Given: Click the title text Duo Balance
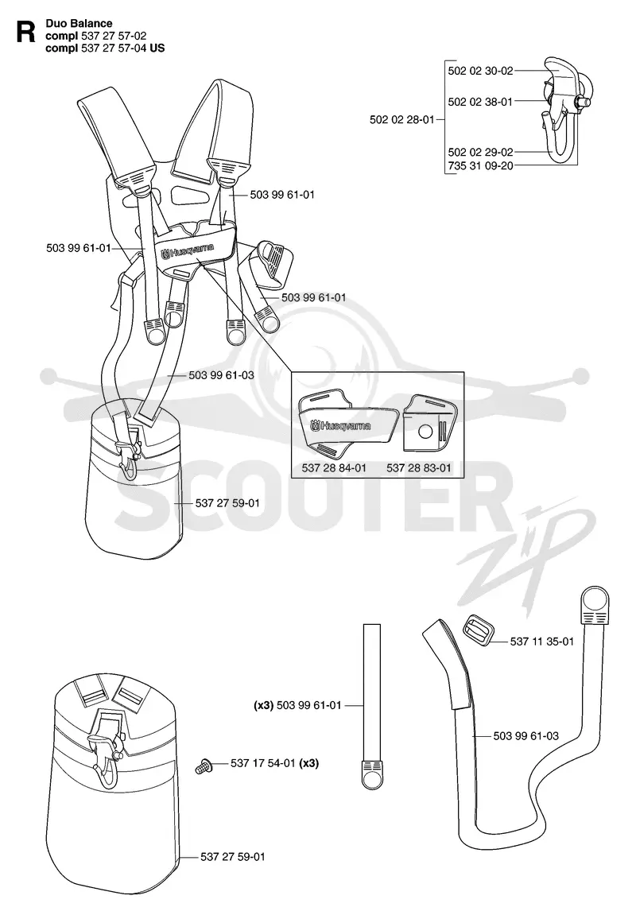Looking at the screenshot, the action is pyautogui.click(x=79, y=24).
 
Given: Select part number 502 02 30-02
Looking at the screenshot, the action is pyautogui.click(x=481, y=71).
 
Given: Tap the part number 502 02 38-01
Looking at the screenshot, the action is pyautogui.click(x=480, y=102).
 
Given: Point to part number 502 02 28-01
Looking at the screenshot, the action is pyautogui.click(x=402, y=120).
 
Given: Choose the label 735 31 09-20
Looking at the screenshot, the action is pyautogui.click(x=481, y=165).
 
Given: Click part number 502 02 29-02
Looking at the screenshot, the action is pyautogui.click(x=481, y=152).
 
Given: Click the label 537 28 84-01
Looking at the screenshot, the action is pyautogui.click(x=334, y=467).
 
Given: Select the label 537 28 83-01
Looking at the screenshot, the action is pyautogui.click(x=418, y=467).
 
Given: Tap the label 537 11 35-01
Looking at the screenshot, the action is pyautogui.click(x=542, y=642).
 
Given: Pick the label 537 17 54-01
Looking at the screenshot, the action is pyautogui.click(x=263, y=763).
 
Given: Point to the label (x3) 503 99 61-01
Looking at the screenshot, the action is pyautogui.click(x=297, y=705).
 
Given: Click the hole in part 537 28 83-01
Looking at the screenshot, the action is pyautogui.click(x=425, y=431).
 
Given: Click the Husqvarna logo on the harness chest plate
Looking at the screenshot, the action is pyautogui.click(x=188, y=250).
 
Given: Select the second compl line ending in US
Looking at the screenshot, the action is pyautogui.click(x=105, y=48).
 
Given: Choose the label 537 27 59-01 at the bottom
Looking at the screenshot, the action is pyautogui.click(x=233, y=857).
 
